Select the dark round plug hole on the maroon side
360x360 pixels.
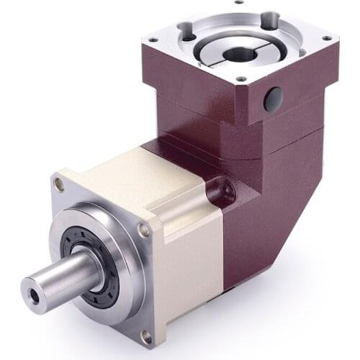272,99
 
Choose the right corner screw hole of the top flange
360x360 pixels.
327,37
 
